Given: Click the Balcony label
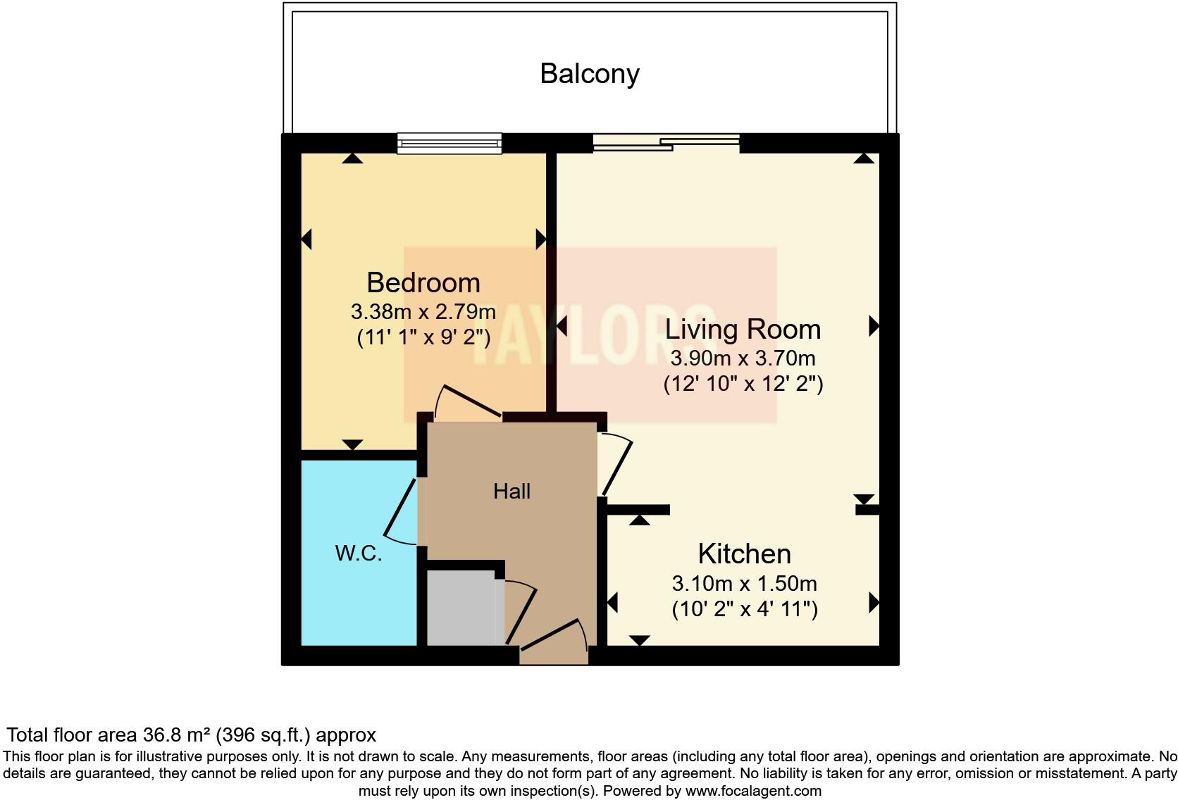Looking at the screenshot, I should [590, 74].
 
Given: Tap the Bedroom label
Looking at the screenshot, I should [423, 283].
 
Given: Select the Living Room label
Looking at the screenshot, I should [743, 330].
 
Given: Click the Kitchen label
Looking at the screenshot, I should [744, 554].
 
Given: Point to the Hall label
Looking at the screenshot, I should [512, 492].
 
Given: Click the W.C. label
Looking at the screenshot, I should [359, 554].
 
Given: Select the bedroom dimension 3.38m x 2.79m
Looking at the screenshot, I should [423, 311].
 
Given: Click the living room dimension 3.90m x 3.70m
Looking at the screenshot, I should [743, 358].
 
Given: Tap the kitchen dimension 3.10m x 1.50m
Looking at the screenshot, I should [744, 584].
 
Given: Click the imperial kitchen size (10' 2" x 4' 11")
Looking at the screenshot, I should [745, 609].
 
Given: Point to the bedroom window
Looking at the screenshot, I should [449, 144].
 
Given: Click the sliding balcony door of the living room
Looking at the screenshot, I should [666, 144].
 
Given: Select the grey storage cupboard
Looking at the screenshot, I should [461, 608].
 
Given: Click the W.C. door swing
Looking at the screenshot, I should [402, 513].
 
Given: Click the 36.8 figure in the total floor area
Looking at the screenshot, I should [161, 735].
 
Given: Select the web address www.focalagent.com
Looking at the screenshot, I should [753, 791].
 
